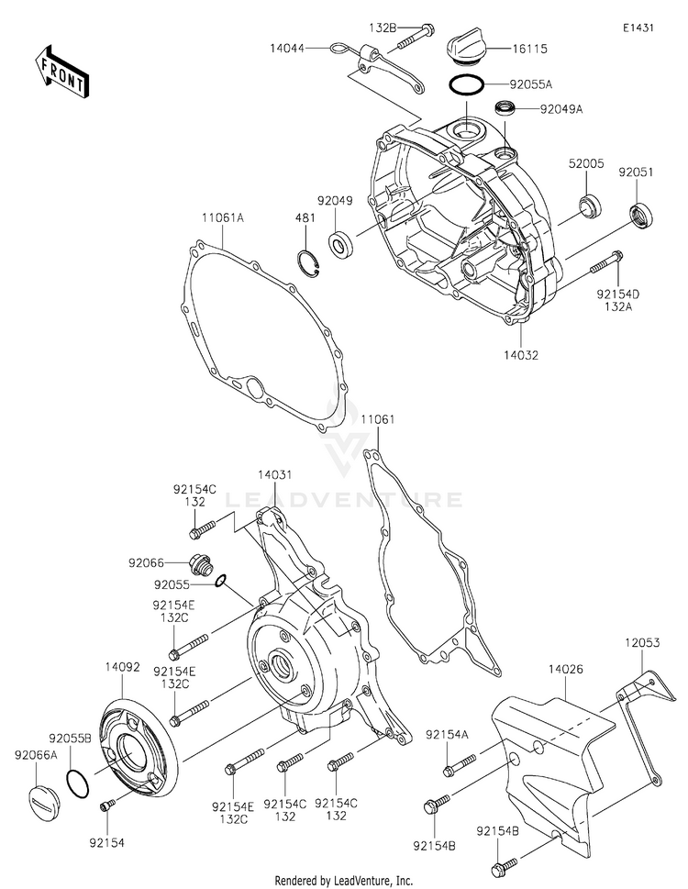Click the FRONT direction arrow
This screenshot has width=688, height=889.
pyautogui.click(x=61, y=72)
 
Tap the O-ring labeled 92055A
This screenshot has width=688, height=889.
pyautogui.click(x=466, y=85)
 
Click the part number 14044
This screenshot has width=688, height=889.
pyautogui.click(x=287, y=49)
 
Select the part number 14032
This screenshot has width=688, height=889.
pyautogui.click(x=521, y=355)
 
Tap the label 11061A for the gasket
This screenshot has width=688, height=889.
pyautogui.click(x=223, y=217)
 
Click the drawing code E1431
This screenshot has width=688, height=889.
pyautogui.click(x=638, y=28)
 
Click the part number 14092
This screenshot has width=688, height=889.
pyautogui.click(x=122, y=667)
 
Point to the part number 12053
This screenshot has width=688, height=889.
pyautogui.click(x=643, y=643)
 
